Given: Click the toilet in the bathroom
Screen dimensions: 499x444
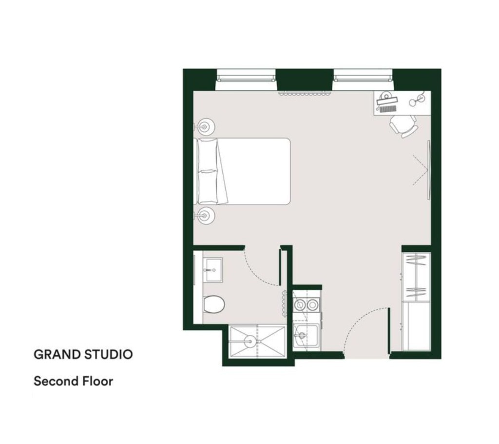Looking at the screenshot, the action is pyautogui.click(x=214, y=304).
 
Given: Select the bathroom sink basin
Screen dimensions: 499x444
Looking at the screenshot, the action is pyautogui.click(x=213, y=270).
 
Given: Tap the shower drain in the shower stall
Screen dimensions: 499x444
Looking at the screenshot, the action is pyautogui.click(x=250, y=342).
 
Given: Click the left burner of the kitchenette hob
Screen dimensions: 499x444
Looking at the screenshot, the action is pyautogui.click(x=300, y=305).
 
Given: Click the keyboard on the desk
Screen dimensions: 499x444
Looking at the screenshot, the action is pyautogui.click(x=387, y=109).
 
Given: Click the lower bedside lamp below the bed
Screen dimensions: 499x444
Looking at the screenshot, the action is pyautogui.click(x=205, y=216).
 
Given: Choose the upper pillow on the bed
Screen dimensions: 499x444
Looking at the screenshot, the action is pyautogui.click(x=208, y=155).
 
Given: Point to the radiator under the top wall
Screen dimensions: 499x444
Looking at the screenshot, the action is pyautogui.click(x=304, y=93).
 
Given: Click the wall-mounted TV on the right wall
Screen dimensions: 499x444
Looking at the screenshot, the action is pyautogui.click(x=429, y=170).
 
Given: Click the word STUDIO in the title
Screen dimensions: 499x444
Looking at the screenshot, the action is pyautogui.click(x=108, y=355).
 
